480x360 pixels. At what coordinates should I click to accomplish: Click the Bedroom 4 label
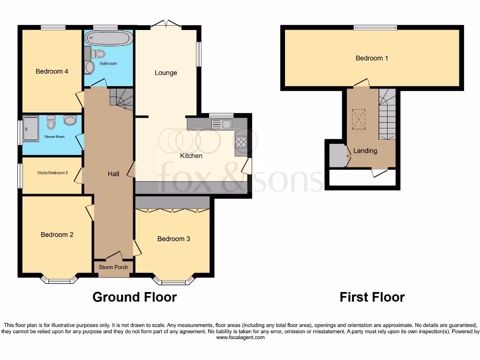click(x=52, y=71)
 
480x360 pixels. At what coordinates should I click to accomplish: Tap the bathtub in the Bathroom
click(x=108, y=38)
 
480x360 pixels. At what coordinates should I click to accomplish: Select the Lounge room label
click(x=166, y=73)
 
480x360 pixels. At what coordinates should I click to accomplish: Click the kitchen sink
click(x=221, y=124)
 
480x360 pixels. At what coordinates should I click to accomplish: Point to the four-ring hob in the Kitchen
click(x=241, y=142)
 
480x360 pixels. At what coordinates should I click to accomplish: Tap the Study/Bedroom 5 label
click(x=52, y=173)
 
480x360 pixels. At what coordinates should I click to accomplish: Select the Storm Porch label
click(x=113, y=267)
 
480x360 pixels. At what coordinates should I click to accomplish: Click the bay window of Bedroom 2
click(x=59, y=280)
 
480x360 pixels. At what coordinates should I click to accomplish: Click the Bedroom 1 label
click(x=372, y=58)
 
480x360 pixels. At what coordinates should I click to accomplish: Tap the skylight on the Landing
click(x=359, y=119)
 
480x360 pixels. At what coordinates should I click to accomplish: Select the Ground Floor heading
click(x=135, y=297)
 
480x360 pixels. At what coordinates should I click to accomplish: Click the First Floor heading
click(x=372, y=297)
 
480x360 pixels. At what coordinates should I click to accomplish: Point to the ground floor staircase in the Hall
click(x=121, y=98)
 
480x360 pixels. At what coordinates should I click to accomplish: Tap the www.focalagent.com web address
click(x=240, y=337)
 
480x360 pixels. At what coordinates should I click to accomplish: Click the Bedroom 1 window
click(x=375, y=28)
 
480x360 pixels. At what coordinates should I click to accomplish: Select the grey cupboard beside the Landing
click(x=337, y=156)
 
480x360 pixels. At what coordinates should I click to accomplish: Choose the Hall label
click(x=113, y=174)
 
